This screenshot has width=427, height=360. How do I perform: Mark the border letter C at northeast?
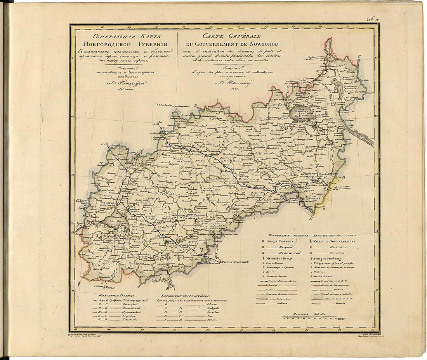[x=359, y=57]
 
